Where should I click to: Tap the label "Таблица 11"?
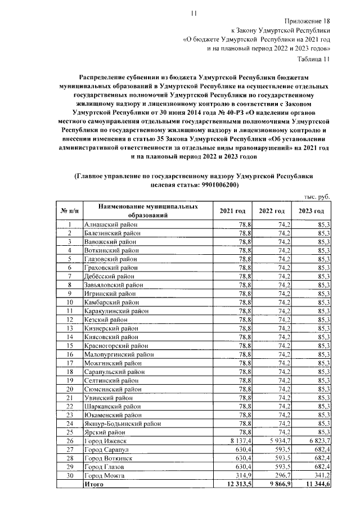pos(313,58)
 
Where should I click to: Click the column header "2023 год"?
pos(311,211)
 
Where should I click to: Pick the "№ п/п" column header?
pos(69,211)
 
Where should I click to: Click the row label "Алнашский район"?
pos(110,224)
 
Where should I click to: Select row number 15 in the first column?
pos(70,345)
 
